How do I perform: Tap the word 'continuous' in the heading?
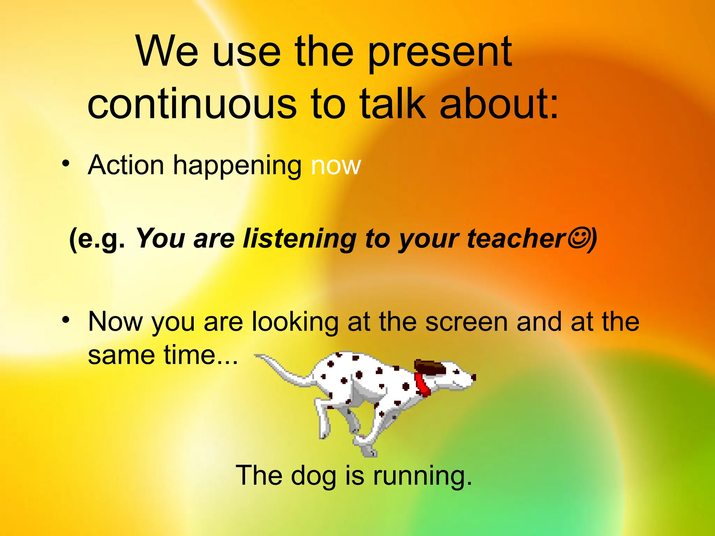tap(192, 104)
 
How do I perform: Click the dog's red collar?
tap(423, 385)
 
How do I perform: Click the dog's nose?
tap(473, 377)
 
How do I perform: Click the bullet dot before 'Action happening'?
tap(66, 164)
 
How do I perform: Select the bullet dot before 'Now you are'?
tap(66, 320)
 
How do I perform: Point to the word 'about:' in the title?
tap(499, 104)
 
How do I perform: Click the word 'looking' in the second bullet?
tap(295, 322)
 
